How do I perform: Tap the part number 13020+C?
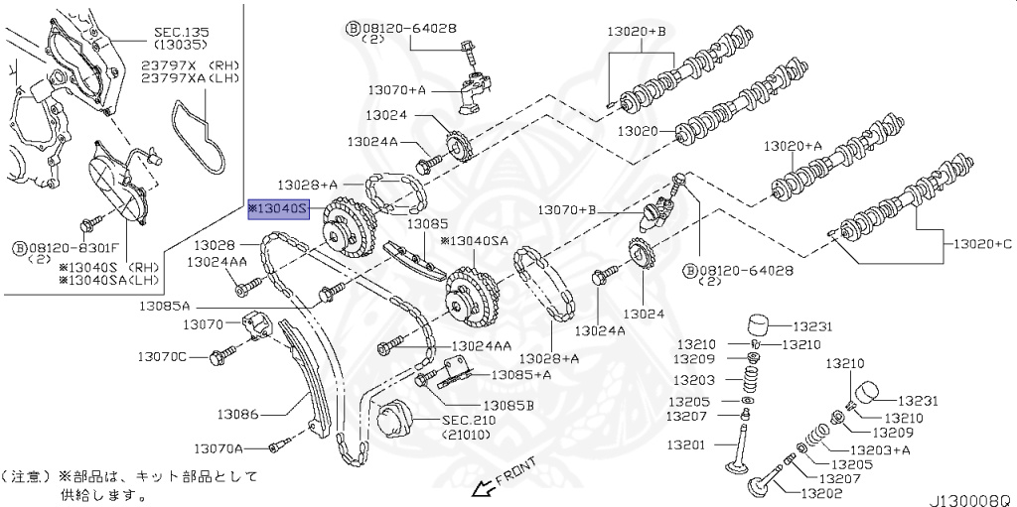982,243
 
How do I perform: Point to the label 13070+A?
396,90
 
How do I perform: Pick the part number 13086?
237,412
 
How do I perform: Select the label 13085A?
165,307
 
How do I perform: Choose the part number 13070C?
162,355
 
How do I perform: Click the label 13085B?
508,405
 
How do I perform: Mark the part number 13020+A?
794,146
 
